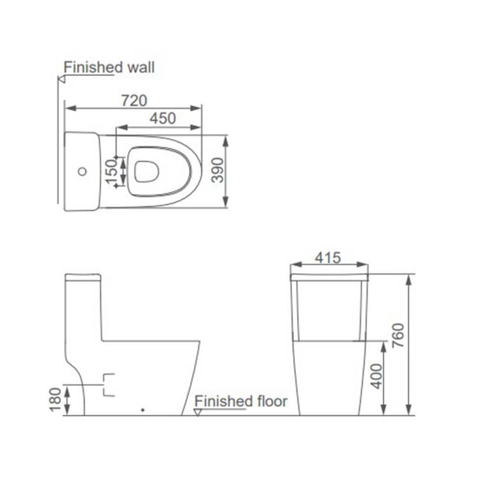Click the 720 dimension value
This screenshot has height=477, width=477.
coord(134,100)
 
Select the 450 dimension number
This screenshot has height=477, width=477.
coord(163,118)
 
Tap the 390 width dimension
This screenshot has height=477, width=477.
coord(218,170)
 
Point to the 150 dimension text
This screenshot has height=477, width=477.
coord(112,172)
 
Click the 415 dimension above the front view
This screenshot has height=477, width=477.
coord(328,258)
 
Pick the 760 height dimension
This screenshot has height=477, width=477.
coord(398,336)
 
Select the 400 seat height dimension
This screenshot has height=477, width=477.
coord(377,376)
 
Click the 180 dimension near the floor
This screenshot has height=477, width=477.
coord(55,400)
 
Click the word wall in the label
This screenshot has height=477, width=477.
coord(141,67)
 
